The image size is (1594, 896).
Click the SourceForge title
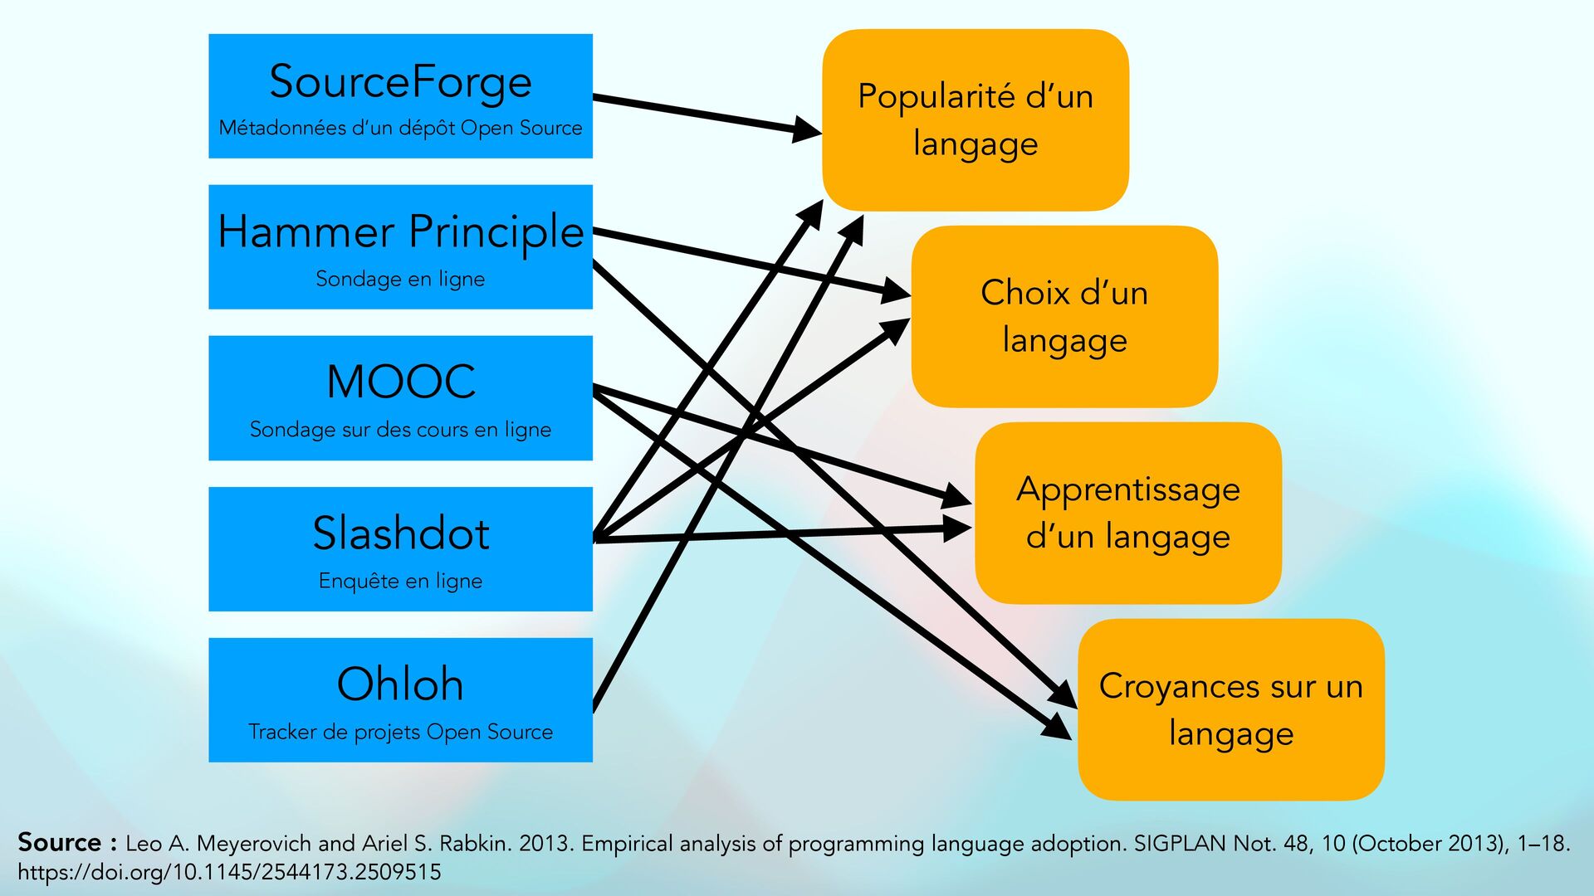click(400, 82)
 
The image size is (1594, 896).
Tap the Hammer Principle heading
click(400, 231)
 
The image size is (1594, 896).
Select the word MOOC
click(400, 382)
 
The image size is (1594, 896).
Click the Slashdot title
click(400, 533)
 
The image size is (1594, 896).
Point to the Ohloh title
click(400, 684)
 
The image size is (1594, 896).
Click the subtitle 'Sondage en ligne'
click(400, 279)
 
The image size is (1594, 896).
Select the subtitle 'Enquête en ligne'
click(400, 581)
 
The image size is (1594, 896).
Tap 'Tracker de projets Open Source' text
click(400, 732)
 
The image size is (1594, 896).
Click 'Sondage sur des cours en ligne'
click(400, 430)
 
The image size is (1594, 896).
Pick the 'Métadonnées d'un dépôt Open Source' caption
click(400, 128)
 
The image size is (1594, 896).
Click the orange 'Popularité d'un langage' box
click(975, 119)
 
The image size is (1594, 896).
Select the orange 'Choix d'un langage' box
click(1064, 316)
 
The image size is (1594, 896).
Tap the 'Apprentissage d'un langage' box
click(1127, 513)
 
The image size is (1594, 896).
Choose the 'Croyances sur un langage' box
click(1230, 709)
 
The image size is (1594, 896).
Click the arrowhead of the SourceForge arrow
click(805, 130)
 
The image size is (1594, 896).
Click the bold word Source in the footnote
click(59, 842)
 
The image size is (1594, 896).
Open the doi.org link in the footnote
click(229, 872)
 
